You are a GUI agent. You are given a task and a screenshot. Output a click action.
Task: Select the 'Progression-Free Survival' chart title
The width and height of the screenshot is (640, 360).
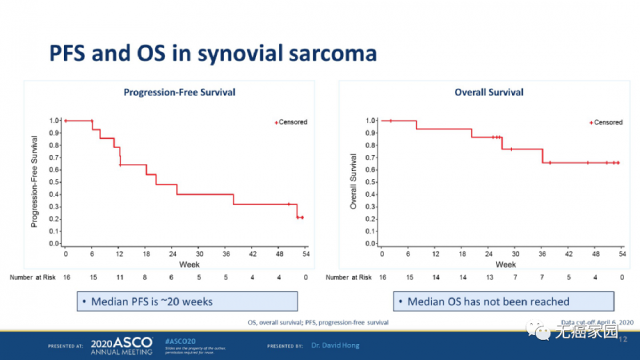click(x=179, y=92)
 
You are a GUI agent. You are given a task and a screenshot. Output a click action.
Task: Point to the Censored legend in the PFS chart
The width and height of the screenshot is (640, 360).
click(x=290, y=122)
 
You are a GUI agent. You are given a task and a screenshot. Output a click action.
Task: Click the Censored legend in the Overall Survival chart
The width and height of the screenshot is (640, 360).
click(x=606, y=122)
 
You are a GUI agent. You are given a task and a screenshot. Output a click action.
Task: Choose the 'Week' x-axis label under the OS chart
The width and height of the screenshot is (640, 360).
click(x=505, y=263)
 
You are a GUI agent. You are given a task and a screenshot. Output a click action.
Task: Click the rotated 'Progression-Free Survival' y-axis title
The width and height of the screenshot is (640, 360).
click(x=35, y=181)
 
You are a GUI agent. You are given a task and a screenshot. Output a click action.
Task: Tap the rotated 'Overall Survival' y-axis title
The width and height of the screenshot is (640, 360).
click(x=353, y=181)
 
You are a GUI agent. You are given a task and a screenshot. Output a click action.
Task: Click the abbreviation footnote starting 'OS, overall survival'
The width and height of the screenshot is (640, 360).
click(x=318, y=322)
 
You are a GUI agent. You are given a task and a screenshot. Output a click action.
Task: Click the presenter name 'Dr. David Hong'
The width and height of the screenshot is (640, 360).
click(x=334, y=346)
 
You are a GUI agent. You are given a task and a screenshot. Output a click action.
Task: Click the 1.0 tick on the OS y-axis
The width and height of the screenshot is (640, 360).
click(x=370, y=120)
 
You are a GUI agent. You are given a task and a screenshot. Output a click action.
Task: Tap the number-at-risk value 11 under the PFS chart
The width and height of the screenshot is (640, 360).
click(x=119, y=277)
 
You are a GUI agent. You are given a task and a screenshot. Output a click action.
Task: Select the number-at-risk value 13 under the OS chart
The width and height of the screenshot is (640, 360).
click(x=489, y=277)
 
